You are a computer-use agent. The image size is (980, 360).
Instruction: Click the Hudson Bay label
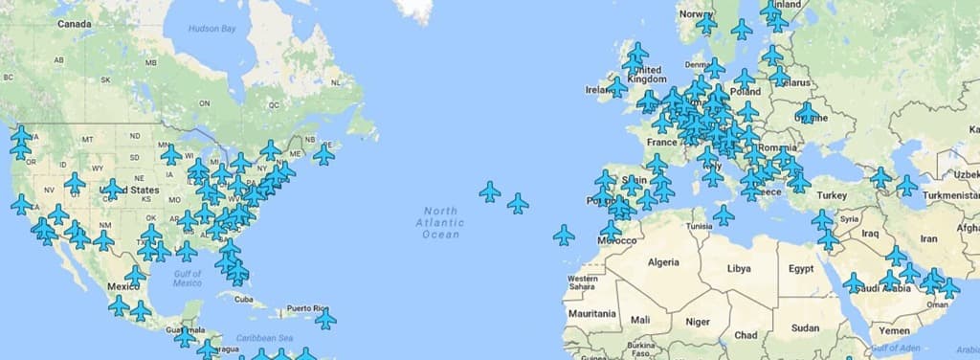click(212, 29)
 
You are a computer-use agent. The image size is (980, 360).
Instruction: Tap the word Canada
click(75, 23)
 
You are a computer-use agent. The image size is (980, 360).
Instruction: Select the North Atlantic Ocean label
click(441, 222)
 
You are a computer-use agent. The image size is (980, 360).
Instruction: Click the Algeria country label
click(663, 261)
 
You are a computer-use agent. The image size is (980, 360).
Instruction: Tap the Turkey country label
click(831, 195)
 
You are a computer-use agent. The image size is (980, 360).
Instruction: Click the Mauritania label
click(592, 313)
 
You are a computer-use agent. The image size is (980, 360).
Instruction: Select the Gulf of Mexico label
click(188, 279)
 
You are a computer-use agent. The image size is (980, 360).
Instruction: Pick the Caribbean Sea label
click(265, 338)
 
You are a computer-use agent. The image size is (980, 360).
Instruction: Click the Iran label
click(928, 238)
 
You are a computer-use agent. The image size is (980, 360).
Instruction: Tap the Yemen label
click(894, 330)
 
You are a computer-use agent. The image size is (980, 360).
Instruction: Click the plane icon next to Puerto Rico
click(325, 319)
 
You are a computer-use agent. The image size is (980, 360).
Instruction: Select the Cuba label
click(246, 299)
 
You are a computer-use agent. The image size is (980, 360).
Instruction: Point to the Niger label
click(698, 322)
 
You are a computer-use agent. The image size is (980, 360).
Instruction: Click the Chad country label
click(746, 335)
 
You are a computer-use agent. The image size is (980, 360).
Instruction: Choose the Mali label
click(639, 319)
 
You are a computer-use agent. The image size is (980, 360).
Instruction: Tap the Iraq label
click(870, 233)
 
